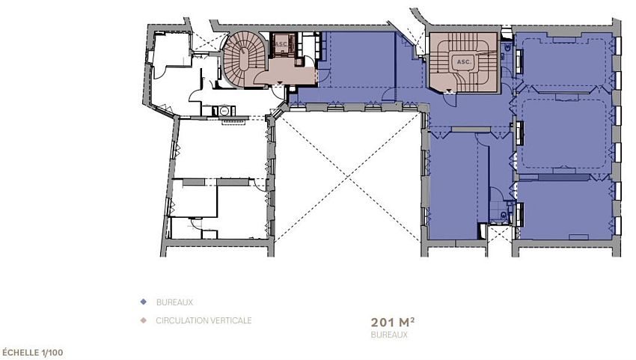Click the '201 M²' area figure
393,322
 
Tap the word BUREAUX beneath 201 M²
389,335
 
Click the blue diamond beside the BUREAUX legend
142,302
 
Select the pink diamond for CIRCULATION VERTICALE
142,320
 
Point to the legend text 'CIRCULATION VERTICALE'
204,320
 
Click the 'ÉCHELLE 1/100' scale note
37,351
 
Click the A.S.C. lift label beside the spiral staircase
282,44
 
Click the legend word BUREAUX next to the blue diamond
174,302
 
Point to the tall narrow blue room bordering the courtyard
452,187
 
